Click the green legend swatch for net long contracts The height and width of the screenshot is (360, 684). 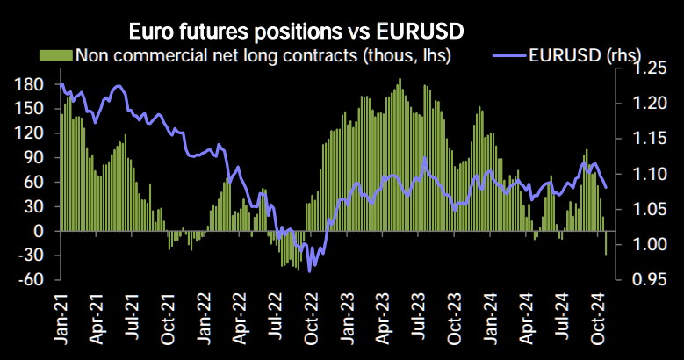click(x=56, y=56)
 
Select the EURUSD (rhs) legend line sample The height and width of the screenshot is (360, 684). click(x=508, y=56)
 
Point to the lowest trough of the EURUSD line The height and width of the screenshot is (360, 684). click(x=309, y=271)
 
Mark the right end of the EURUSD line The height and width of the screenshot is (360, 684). click(x=607, y=186)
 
